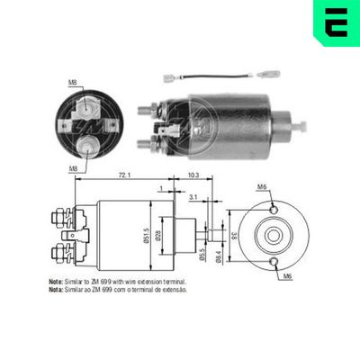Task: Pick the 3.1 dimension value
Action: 194,195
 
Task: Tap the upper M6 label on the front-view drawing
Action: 262,186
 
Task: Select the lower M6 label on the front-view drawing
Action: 286,275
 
